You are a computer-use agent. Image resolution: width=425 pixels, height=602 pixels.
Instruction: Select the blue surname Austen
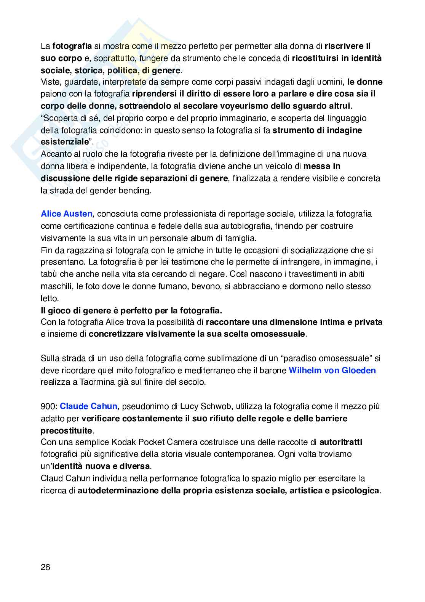78,214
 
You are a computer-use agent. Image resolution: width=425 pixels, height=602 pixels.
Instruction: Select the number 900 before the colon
48,406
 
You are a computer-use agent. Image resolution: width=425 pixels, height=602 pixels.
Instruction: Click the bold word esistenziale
65,142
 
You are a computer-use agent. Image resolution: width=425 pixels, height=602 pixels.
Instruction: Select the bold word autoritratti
341,442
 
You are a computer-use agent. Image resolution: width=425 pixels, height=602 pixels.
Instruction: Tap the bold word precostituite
67,430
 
